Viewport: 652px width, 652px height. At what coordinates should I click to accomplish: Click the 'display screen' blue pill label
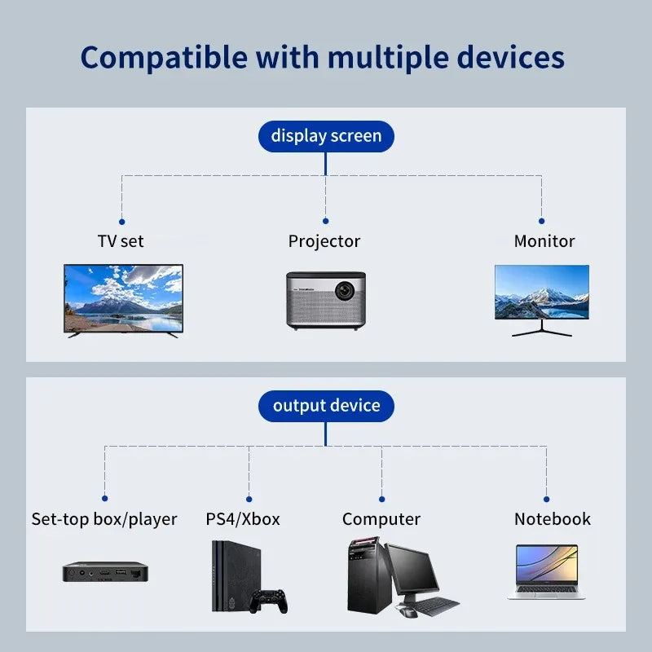click(x=326, y=135)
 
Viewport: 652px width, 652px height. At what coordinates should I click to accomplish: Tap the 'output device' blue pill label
click(x=326, y=406)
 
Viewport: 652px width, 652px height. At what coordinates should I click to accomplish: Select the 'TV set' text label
click(x=121, y=241)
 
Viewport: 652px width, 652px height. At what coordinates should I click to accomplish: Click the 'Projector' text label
click(x=324, y=241)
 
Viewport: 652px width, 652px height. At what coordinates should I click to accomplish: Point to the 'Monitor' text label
click(x=544, y=241)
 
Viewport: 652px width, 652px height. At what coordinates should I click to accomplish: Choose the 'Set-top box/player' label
click(x=104, y=519)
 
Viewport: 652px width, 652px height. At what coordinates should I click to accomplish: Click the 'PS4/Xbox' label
click(x=243, y=519)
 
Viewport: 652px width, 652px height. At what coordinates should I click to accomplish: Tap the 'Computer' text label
click(x=381, y=519)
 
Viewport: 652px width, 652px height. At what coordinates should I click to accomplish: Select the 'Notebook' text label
click(x=552, y=519)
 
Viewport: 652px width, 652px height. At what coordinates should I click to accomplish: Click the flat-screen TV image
click(x=124, y=297)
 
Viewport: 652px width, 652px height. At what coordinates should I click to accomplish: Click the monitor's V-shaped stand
click(x=541, y=329)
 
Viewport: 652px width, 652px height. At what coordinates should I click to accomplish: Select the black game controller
click(x=268, y=601)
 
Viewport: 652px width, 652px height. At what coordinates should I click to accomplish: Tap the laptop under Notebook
click(x=546, y=571)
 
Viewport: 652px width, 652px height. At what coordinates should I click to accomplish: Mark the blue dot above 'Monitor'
click(x=541, y=221)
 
